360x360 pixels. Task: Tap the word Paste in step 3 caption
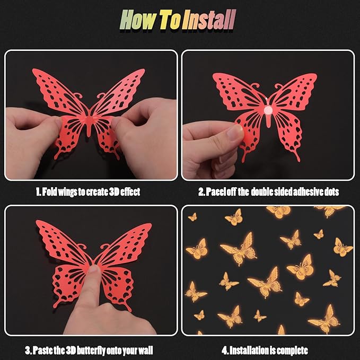(42, 350)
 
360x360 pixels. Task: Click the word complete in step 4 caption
(292, 350)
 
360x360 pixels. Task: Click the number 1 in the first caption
(38, 192)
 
